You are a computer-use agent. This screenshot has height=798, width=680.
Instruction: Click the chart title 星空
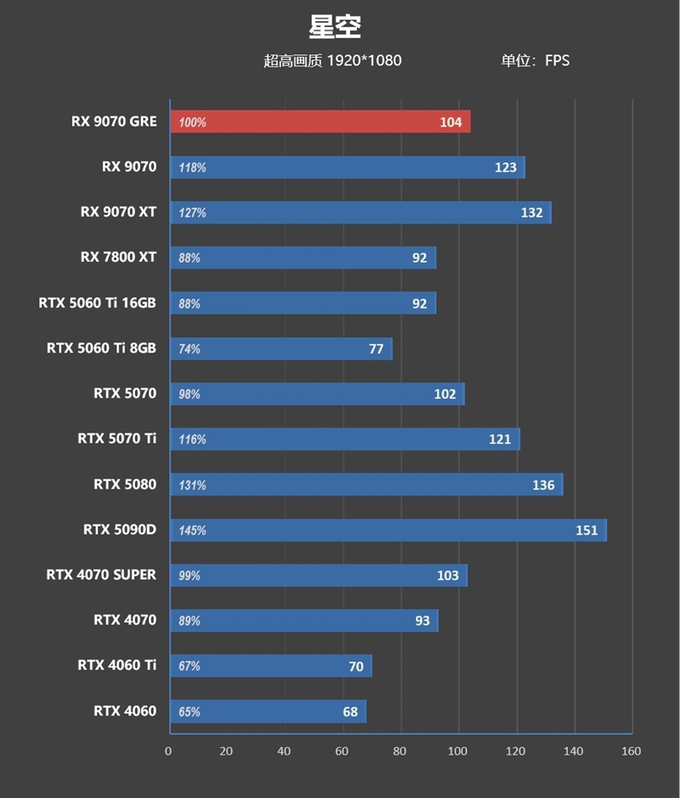pos(335,26)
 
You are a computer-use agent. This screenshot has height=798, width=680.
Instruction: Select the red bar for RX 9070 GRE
pos(320,122)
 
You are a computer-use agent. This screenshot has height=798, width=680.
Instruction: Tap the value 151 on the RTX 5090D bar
pos(586,530)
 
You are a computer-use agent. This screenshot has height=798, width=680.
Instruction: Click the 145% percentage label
pos(192,530)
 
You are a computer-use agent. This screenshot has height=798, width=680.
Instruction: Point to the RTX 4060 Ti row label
pos(116,665)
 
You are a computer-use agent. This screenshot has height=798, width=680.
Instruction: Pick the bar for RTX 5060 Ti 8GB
pos(280,348)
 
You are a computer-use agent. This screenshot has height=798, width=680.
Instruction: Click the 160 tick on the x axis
pos(631,751)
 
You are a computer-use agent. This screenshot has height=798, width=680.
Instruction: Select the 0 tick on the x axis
pos(168,751)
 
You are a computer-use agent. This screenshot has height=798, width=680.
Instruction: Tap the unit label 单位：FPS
pos(535,60)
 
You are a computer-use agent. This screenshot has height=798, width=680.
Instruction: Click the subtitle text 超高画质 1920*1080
pos(332,60)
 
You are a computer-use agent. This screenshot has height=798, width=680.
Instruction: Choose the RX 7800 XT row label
pos(118,257)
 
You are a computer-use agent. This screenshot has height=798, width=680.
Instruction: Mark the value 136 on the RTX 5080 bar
pos(543,485)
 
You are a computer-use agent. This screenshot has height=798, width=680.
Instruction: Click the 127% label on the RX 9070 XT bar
pos(192,212)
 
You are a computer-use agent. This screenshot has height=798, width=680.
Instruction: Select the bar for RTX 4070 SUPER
pos(319,575)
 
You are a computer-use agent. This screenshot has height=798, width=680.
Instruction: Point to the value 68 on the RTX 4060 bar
pos(350,712)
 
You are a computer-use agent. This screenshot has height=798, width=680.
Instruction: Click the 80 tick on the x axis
pos(399,751)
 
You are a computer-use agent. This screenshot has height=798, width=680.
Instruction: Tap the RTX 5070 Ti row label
pos(116,439)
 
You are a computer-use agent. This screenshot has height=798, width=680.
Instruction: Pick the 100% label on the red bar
pos(192,122)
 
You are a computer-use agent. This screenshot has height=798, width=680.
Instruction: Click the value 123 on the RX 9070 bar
pos(505,167)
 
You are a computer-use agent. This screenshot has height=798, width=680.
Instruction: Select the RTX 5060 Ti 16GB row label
pos(97,302)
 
